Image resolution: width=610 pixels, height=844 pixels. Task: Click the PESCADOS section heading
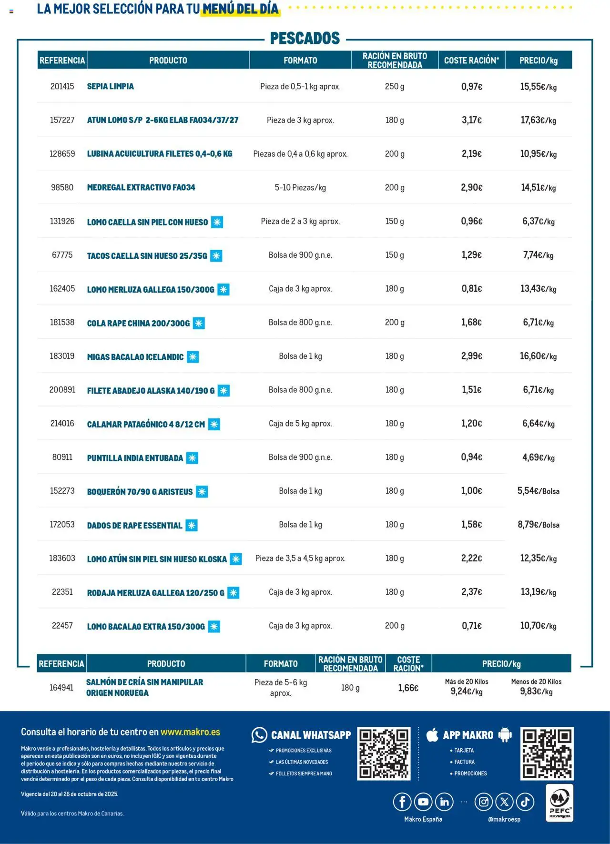[305, 38]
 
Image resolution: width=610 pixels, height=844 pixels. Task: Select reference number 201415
[62, 86]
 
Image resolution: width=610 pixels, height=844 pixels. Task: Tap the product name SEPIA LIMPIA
[110, 86]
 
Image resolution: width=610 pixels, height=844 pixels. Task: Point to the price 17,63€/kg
[538, 120]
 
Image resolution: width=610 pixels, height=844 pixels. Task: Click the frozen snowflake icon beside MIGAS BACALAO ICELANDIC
[193, 357]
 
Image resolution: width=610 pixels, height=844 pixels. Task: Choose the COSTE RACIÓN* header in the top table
[471, 61]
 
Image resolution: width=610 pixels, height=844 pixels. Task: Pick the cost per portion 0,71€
[471, 626]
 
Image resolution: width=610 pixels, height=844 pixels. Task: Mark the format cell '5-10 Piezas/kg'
[300, 187]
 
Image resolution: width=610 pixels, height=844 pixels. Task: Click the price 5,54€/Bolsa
[538, 491]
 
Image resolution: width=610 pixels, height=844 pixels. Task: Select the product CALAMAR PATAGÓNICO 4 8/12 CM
[146, 424]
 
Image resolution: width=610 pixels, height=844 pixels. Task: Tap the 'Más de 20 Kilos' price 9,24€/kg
[467, 691]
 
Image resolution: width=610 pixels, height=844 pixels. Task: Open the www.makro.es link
[190, 732]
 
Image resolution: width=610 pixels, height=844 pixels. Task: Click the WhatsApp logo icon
[259, 735]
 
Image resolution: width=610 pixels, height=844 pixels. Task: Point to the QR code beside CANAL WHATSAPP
[384, 753]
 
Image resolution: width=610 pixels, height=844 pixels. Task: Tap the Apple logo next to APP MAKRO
[432, 734]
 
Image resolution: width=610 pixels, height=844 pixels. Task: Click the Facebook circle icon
[402, 802]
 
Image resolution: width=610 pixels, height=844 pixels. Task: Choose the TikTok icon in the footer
[525, 802]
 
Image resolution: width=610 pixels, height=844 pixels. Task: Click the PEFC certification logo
[559, 803]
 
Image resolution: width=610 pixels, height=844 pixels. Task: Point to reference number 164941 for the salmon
[61, 687]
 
